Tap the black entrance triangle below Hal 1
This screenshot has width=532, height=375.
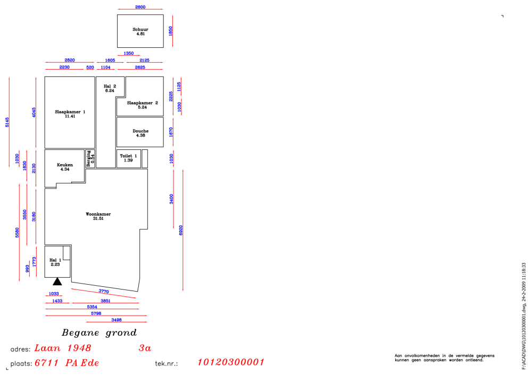[57, 282]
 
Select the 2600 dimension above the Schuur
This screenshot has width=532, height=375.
[140, 7]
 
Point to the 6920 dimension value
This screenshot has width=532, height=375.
[181, 231]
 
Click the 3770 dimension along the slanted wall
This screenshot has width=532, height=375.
[104, 291]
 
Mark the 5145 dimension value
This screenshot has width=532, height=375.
[7, 122]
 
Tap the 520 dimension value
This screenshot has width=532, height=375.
[90, 67]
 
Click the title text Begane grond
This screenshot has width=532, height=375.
[99, 333]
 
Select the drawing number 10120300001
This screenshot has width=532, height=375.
[231, 362]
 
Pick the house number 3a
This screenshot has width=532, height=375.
[145, 348]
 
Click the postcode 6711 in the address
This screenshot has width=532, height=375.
[47, 363]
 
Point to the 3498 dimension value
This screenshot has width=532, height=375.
[117, 320]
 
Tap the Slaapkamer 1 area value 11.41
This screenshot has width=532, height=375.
[70, 116]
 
